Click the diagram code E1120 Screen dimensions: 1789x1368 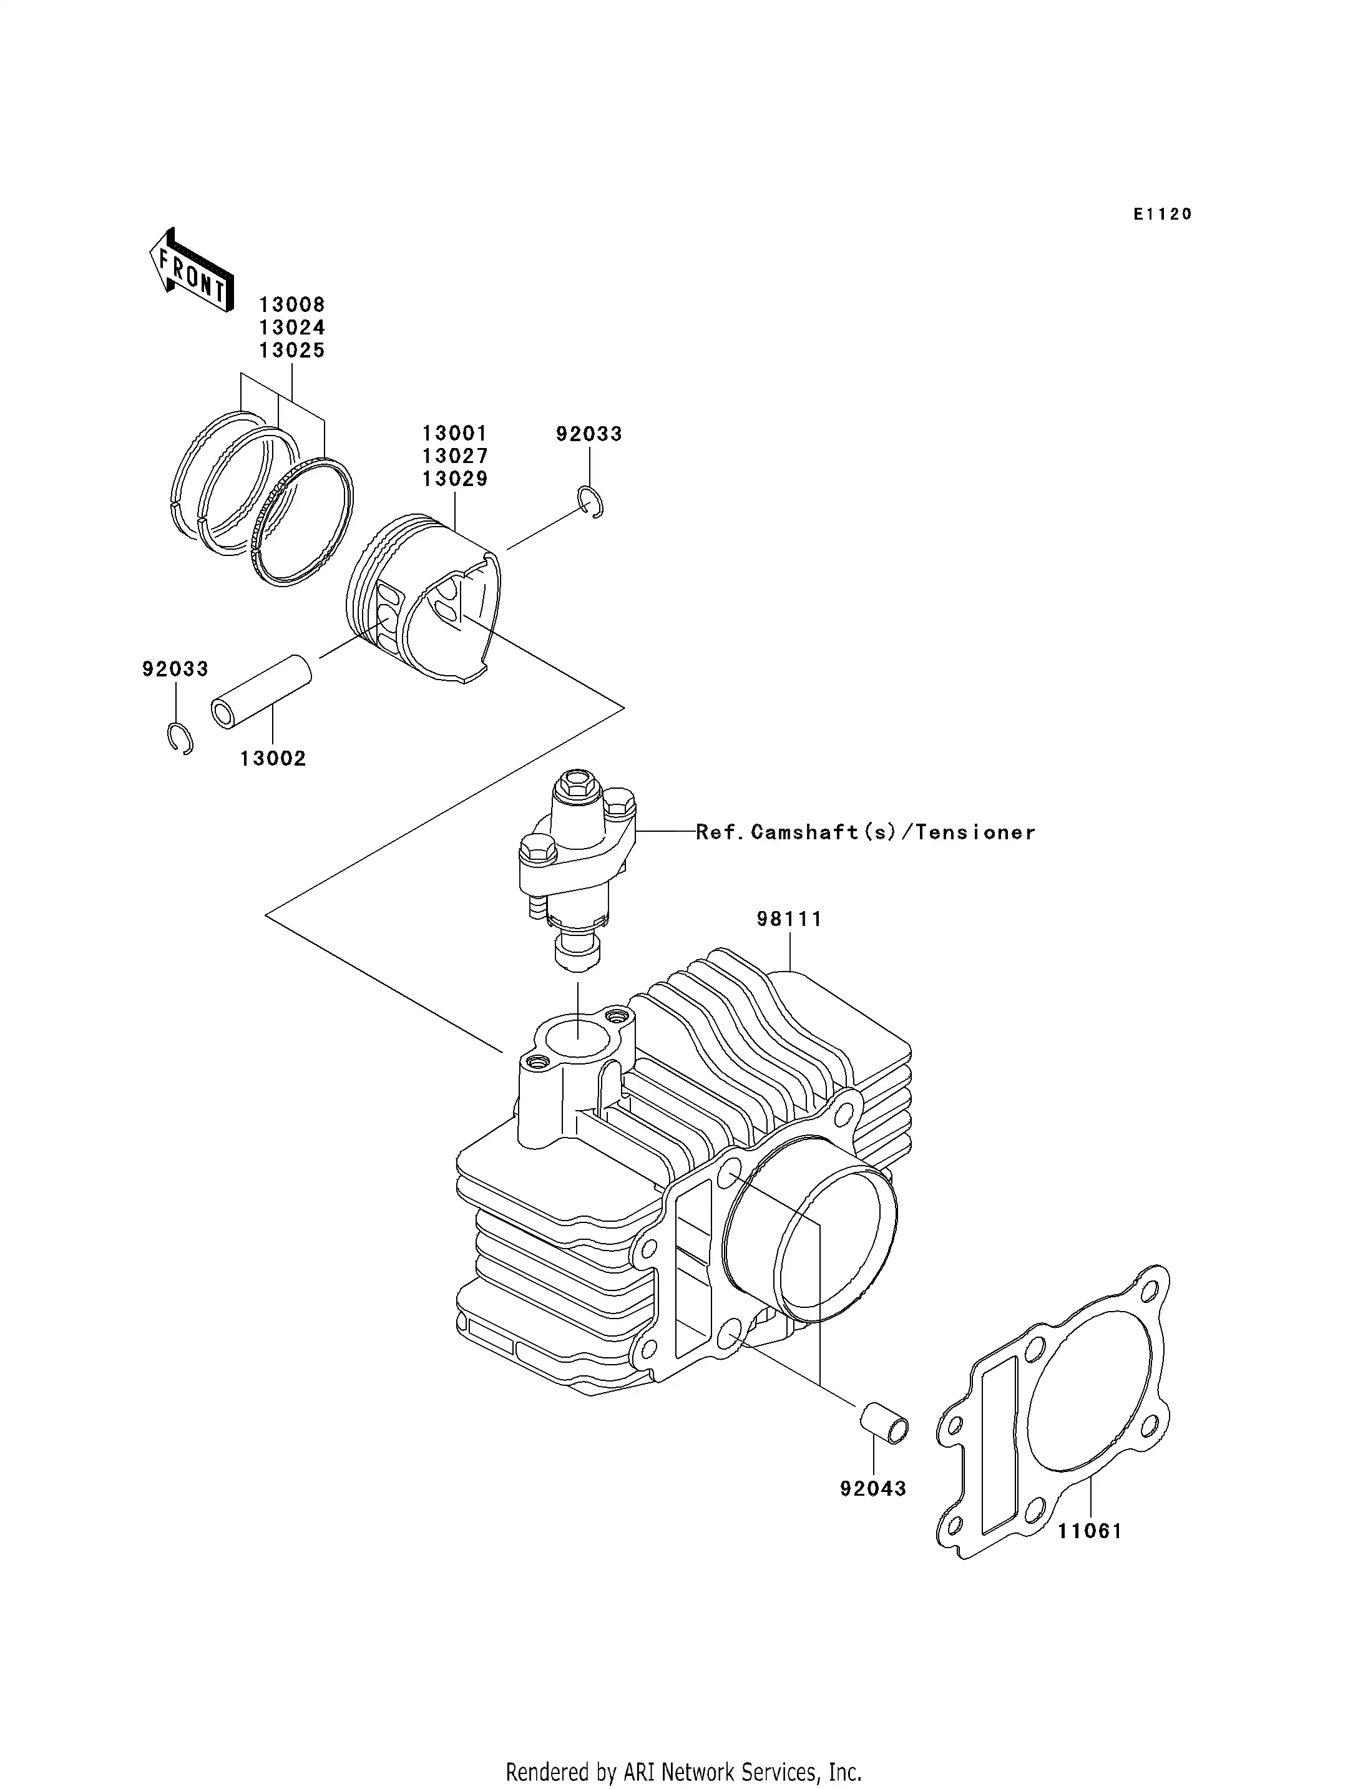pos(1162,214)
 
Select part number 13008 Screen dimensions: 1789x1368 pos(291,305)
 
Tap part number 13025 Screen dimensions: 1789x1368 pos(291,351)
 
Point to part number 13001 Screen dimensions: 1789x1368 pos(454,433)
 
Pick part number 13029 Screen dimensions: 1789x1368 pos(454,480)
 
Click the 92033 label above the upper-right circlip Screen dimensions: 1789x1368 pos(589,434)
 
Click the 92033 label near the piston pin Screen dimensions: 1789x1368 pos(175,670)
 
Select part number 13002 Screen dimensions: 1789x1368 pos(273,759)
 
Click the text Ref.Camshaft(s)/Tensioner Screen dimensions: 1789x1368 pos(866,832)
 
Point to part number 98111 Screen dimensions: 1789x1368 pos(789,919)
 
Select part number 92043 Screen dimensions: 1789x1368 pos(873,1488)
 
